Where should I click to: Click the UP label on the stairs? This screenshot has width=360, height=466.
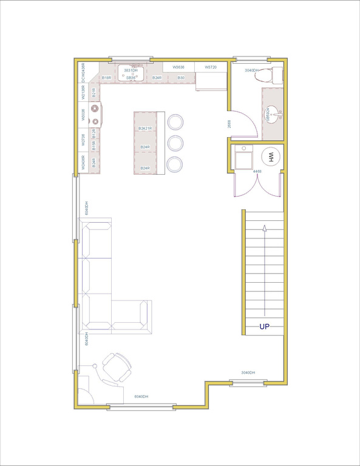(265, 326)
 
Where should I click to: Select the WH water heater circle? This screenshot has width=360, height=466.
(271, 157)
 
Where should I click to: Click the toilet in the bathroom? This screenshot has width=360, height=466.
(274, 75)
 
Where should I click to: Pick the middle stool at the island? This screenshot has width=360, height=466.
(175, 143)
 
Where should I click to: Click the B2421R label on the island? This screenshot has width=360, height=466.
(144, 129)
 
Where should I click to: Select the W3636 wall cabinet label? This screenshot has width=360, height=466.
(178, 67)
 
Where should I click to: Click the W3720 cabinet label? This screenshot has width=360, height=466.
(211, 67)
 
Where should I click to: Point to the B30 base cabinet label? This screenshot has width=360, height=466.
(180, 78)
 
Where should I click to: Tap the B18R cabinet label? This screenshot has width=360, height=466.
(106, 78)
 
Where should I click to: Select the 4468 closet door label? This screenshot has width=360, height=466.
(257, 172)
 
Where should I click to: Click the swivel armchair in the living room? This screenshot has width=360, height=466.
(116, 368)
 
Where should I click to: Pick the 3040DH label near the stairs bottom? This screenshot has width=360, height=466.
(248, 373)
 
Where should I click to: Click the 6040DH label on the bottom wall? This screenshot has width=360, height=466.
(141, 396)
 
